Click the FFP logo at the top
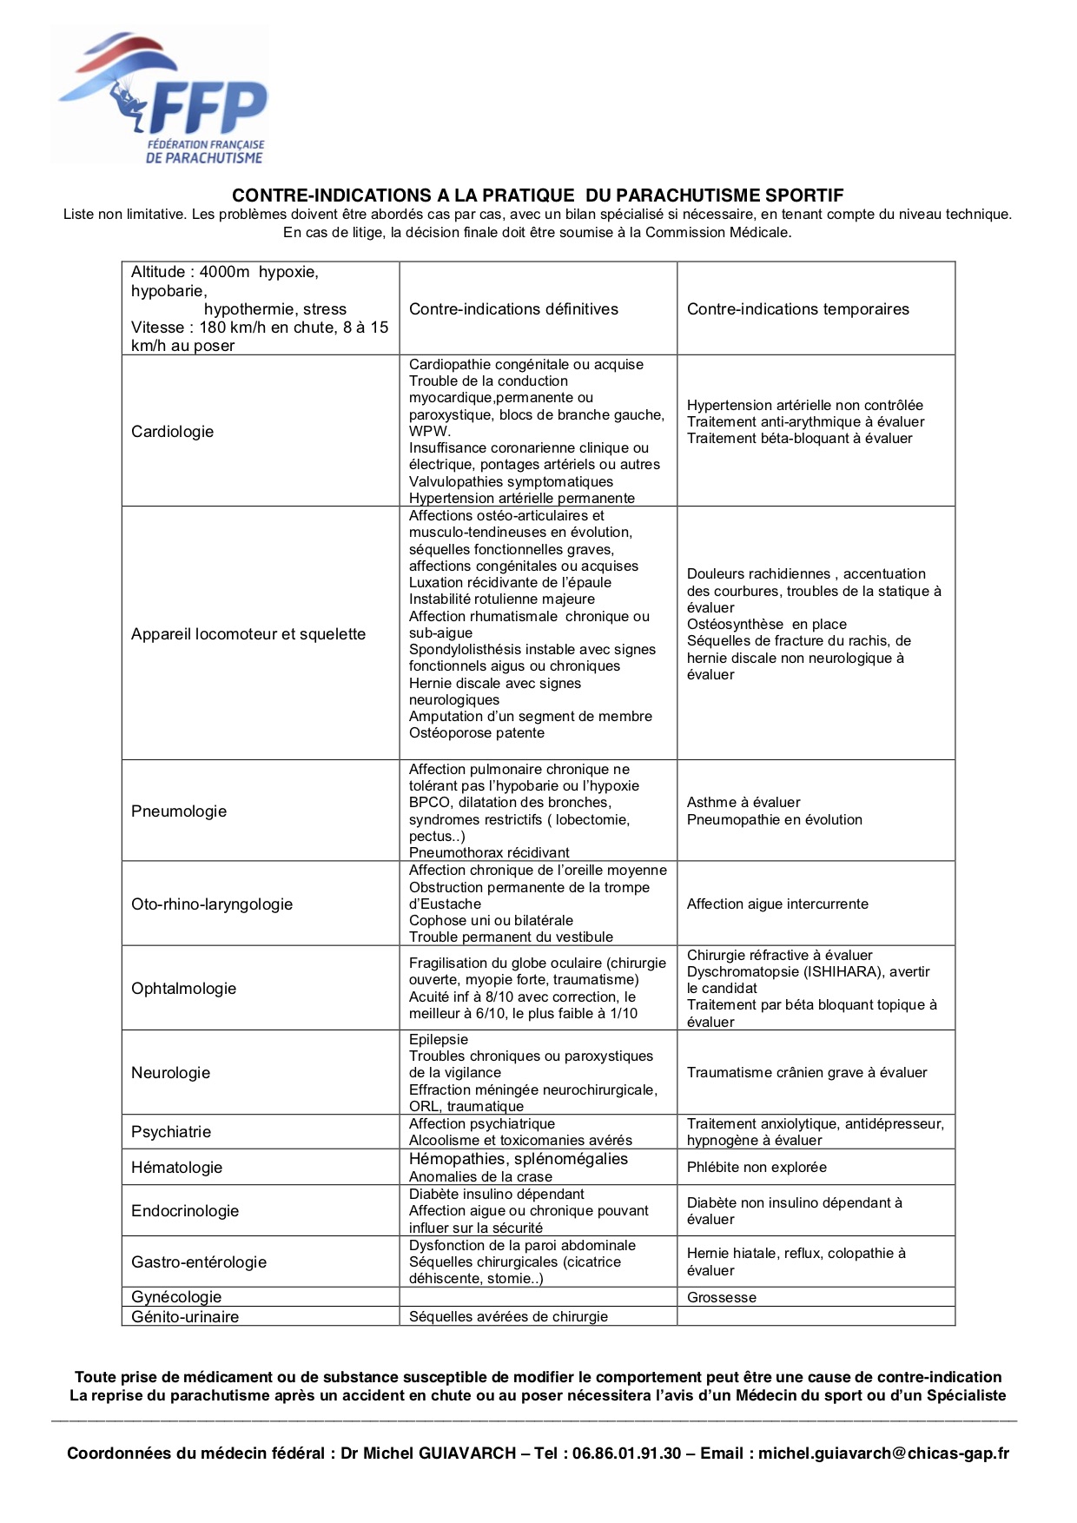162,97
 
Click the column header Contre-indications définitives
513,309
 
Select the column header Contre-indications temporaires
797,309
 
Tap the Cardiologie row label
172,432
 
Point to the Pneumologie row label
179,811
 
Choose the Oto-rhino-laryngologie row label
212,904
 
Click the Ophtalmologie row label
183,989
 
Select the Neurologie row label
170,1073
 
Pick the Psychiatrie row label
171,1132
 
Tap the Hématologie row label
176,1168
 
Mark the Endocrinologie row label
185,1211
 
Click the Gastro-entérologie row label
199,1262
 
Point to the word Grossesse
722,1298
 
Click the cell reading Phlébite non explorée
757,1168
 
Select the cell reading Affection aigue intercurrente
777,904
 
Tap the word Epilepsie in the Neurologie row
439,1040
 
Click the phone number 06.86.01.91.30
626,1453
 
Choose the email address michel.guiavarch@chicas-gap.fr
883,1453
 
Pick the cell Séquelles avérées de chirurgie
508,1317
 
